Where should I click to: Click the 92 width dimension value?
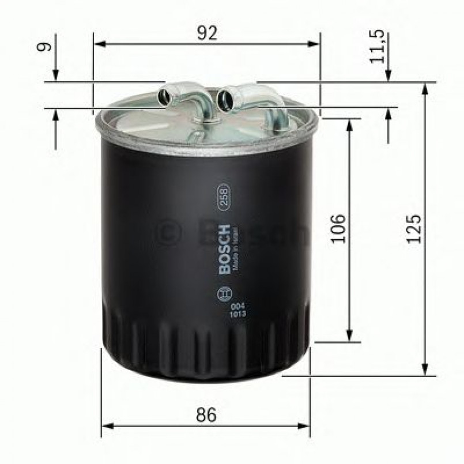pos(207,33)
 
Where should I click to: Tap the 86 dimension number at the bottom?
pos(205,414)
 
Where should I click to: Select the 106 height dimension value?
pos(339,228)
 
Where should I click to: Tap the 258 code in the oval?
pos(220,197)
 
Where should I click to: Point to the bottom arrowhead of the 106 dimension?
pos(349,337)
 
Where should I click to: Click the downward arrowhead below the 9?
pos(55,77)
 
